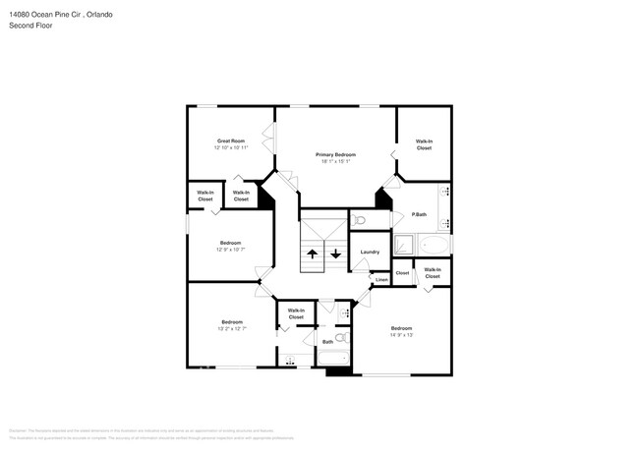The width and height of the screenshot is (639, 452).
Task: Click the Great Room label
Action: [231, 141]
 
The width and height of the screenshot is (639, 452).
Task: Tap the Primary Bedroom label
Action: [335, 154]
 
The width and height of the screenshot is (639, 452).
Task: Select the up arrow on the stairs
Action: [313, 254]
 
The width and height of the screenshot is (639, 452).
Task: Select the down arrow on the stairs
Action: [336, 254]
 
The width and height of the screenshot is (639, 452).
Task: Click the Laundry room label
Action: [370, 253]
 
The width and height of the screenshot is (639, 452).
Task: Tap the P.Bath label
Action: [419, 214]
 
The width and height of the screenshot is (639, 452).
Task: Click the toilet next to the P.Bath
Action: [360, 220]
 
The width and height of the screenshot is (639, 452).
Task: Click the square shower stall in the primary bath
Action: [405, 245]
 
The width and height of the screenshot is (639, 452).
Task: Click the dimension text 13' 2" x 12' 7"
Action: [232, 329]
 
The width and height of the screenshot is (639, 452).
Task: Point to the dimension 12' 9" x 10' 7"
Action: [230, 250]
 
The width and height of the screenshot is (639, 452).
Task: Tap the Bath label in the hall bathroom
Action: [327, 342]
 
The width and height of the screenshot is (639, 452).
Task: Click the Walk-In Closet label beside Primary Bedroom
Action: [424, 144]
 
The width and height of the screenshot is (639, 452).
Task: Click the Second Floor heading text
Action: [30, 26]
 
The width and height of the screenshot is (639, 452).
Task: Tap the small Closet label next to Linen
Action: [402, 273]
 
